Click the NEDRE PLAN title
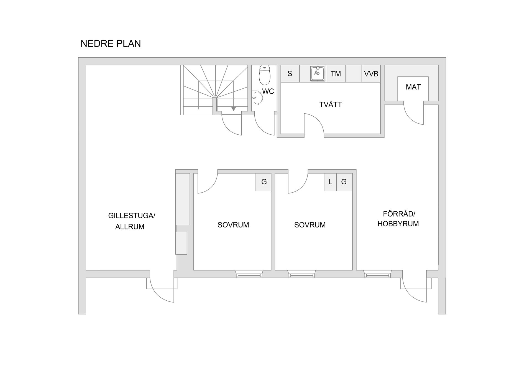[x=111, y=44]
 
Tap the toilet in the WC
[x=265, y=75]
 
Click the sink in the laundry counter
[x=318, y=73]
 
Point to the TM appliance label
[x=336, y=74]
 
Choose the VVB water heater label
[x=371, y=74]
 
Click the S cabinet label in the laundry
[x=290, y=74]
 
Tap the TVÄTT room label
[x=331, y=104]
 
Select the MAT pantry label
[x=413, y=87]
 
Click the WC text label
[x=268, y=91]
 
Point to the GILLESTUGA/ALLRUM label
[x=131, y=221]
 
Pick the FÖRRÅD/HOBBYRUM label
[x=398, y=219]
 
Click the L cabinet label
[x=330, y=182]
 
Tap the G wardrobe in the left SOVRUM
[x=264, y=182]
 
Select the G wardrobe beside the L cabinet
[x=344, y=182]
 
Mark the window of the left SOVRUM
[x=249, y=274]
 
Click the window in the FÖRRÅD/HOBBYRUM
[x=378, y=274]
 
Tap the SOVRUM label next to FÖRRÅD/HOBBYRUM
[x=310, y=225]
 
